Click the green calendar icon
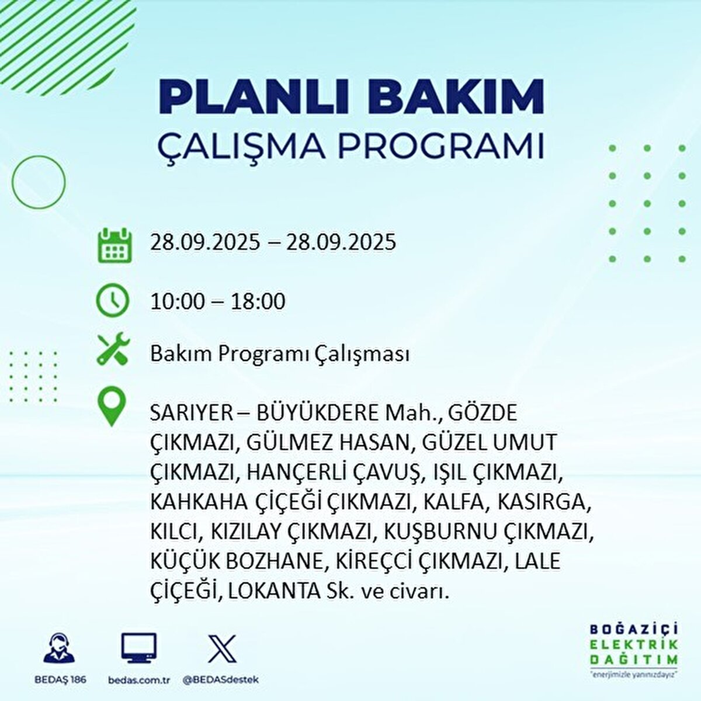114,245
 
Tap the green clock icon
113,301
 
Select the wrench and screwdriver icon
113,350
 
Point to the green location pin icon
112,407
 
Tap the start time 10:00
178,301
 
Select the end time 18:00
257,301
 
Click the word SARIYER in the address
191,413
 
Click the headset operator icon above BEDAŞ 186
59,648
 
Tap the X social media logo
222,648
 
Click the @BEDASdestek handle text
221,680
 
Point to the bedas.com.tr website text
139,680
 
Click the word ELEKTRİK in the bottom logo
634,644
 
